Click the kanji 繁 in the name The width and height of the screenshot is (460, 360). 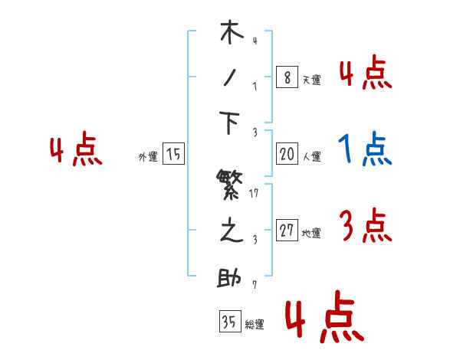click(231, 186)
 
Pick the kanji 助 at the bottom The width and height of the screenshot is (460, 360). click(231, 278)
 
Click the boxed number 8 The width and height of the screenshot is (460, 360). click(287, 77)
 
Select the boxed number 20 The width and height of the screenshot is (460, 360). click(287, 154)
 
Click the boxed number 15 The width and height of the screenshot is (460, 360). click(174, 154)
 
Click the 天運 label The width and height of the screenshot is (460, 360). click(311, 79)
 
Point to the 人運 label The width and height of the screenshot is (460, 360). click(311, 156)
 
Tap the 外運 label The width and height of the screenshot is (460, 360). click(148, 156)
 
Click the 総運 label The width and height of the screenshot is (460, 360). click(255, 324)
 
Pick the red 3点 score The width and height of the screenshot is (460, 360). click(365, 226)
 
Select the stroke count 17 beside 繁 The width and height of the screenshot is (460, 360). click(254, 193)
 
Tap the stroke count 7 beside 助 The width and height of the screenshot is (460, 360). click(254, 286)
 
